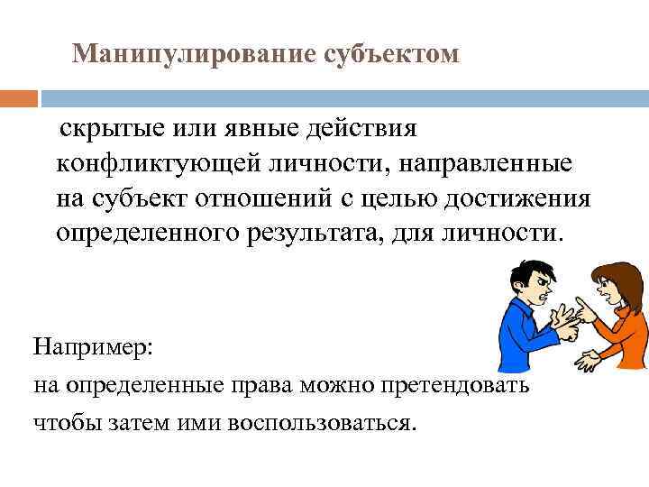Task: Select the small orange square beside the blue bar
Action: click(19, 96)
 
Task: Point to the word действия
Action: click(363, 128)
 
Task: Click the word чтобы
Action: click(61, 423)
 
